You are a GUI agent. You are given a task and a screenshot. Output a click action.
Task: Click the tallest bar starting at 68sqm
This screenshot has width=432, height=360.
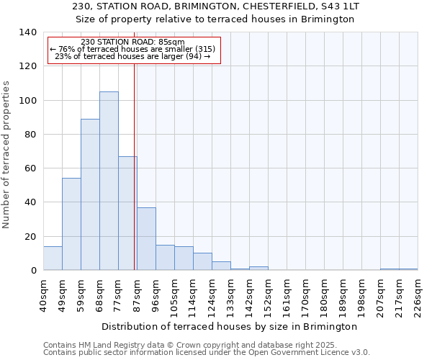109,181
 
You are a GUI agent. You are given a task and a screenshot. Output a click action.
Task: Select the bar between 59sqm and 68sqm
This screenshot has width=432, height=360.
90,194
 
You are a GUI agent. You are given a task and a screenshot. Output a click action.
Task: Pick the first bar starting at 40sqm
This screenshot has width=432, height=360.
53,258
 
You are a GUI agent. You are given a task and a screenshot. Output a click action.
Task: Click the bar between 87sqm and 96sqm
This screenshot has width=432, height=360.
146,238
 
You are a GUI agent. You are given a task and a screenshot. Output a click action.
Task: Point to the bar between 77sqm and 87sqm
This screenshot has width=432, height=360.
127,213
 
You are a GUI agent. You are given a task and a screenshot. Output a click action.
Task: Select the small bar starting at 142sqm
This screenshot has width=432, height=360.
258,268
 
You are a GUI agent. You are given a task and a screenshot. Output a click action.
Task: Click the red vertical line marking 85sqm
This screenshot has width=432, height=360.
135,166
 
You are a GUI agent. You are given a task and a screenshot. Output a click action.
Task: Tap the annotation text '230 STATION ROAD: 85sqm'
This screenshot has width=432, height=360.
132,42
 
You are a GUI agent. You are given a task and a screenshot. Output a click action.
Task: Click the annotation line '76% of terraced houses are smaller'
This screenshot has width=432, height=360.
132,50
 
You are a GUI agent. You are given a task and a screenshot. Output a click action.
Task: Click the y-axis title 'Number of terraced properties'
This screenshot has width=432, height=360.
7,154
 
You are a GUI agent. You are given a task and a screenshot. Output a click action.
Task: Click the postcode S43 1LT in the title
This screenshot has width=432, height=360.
340,6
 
